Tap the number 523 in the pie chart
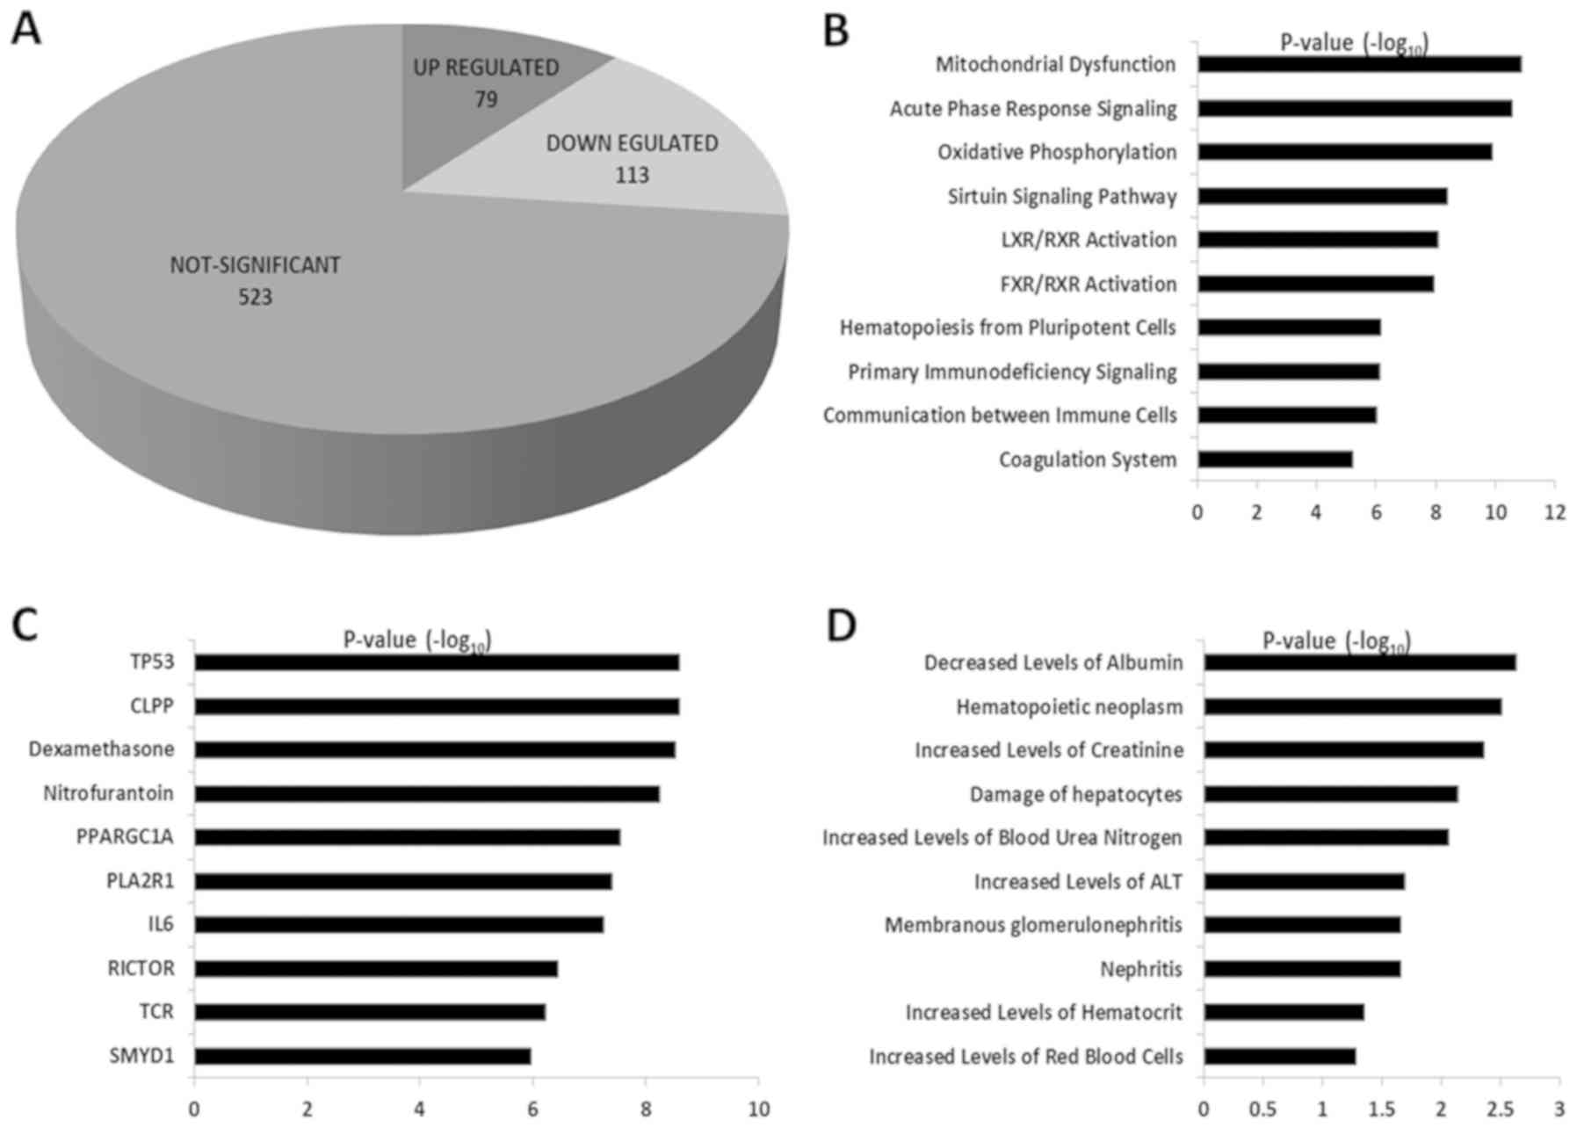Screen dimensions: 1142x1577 click(x=255, y=298)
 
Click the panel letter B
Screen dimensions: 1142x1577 click(x=836, y=32)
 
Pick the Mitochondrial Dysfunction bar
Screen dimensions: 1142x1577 click(x=1358, y=64)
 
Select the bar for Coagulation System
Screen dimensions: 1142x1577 click(x=1274, y=459)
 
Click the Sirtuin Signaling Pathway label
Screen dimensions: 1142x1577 click(x=1061, y=197)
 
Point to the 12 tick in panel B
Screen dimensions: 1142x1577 click(x=1555, y=512)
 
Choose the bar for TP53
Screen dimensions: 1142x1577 click(x=437, y=662)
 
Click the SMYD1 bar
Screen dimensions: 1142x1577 click(x=362, y=1056)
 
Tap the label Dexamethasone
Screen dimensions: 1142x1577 click(x=101, y=749)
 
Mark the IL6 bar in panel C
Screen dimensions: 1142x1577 click(x=399, y=925)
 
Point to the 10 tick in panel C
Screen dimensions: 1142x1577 click(x=758, y=1109)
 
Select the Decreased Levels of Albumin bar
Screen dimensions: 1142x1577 click(x=1359, y=662)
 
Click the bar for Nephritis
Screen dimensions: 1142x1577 click(x=1301, y=969)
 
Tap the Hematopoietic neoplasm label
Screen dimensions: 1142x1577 click(x=1069, y=707)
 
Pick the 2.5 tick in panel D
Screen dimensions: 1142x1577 click(x=1500, y=1109)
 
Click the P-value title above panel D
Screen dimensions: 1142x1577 click(x=1335, y=641)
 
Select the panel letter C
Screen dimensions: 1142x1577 click(x=25, y=625)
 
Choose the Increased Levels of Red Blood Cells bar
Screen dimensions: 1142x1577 click(x=1279, y=1056)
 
